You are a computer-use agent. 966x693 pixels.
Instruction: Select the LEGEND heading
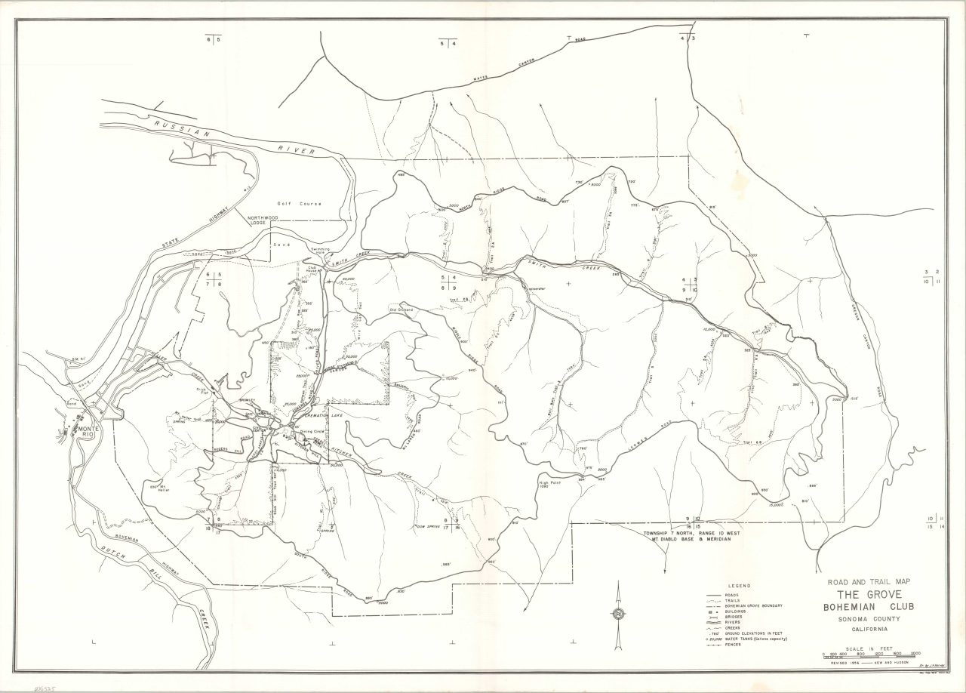(738, 586)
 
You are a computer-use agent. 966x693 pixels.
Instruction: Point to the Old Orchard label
(402, 309)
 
